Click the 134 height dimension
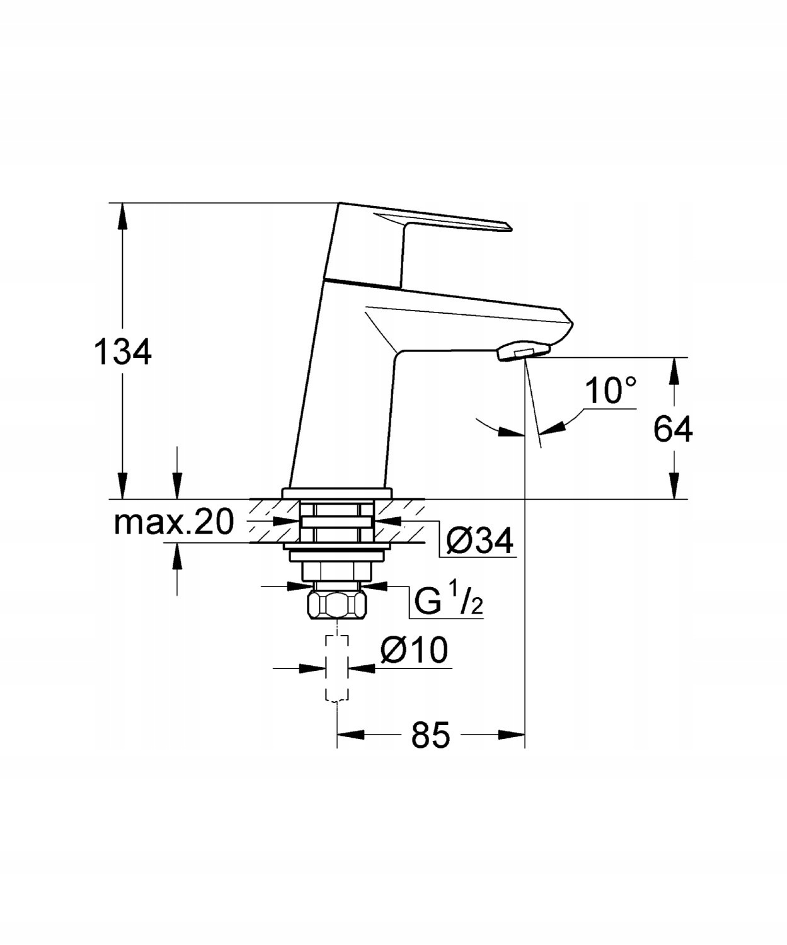(x=122, y=353)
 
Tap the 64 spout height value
(x=672, y=429)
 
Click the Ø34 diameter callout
(x=480, y=541)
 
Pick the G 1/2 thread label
(x=449, y=599)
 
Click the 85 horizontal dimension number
(x=430, y=735)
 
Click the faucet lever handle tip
(x=509, y=226)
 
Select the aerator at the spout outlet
(x=524, y=352)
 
